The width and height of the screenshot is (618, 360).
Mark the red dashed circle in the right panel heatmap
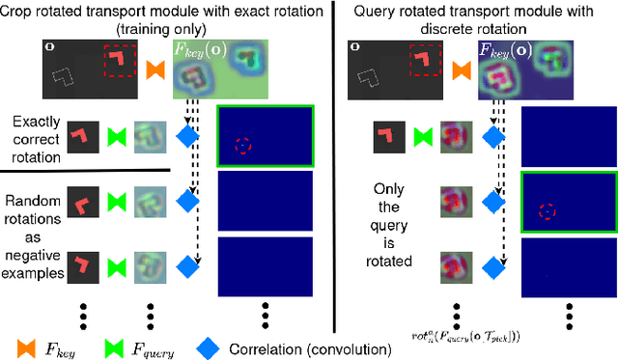547,211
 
